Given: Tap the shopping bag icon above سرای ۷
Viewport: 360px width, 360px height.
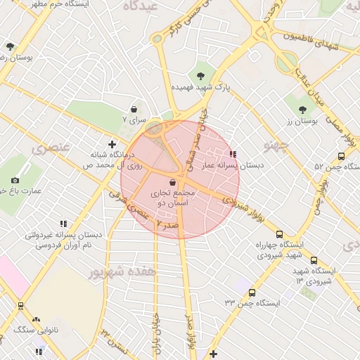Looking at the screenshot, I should pyautogui.click(x=134, y=109).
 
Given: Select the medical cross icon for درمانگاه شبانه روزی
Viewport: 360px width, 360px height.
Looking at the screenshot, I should pyautogui.click(x=112, y=143).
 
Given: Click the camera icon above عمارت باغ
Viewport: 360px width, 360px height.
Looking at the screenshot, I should pyautogui.click(x=16, y=181).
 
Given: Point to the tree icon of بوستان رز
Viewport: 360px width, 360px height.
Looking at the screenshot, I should pyautogui.click(x=302, y=109).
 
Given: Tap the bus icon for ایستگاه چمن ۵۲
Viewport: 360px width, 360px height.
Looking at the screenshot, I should pyautogui.click(x=341, y=157).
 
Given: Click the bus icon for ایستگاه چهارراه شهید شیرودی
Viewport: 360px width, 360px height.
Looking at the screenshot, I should pyautogui.click(x=280, y=234).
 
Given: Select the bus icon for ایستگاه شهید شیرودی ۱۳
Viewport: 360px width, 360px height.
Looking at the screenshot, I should pyautogui.click(x=314, y=259).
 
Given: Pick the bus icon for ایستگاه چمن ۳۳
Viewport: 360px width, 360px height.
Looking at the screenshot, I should pyautogui.click(x=252, y=292).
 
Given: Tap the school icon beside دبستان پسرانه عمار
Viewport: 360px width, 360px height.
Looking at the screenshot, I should pyautogui.click(x=233, y=154).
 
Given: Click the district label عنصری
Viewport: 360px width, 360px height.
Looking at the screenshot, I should pyautogui.click(x=50, y=149).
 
